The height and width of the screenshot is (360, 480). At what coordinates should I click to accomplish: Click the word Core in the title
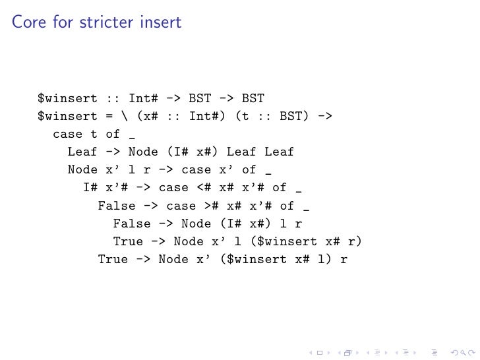[27, 23]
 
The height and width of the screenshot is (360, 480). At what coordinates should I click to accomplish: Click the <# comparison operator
[204, 188]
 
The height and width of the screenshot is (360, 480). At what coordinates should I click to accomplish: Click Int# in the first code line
[143, 99]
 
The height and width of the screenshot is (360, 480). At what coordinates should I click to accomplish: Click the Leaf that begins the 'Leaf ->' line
[82, 152]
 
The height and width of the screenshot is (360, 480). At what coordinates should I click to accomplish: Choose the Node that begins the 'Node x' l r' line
[82, 170]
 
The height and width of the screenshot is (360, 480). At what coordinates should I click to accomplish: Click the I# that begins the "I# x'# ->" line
[90, 188]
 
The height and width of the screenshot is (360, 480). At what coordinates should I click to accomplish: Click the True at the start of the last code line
[113, 259]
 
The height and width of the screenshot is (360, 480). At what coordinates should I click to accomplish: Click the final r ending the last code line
[344, 259]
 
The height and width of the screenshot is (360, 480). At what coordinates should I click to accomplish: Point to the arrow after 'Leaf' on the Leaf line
[113, 152]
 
